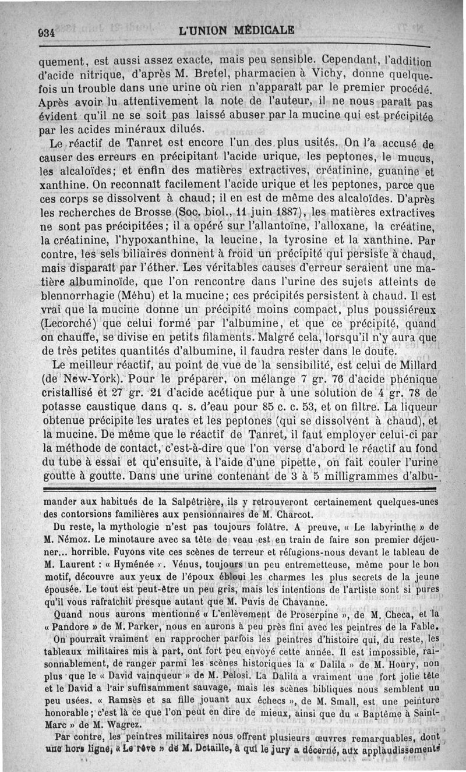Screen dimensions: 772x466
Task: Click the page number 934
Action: (44, 32)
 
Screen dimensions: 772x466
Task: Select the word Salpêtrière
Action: (198, 502)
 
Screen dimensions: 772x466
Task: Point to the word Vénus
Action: (168, 564)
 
